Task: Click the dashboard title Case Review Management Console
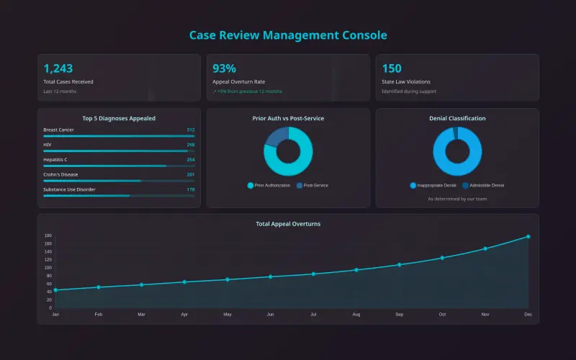(288, 35)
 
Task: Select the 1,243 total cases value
(58, 68)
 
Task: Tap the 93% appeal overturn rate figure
(225, 68)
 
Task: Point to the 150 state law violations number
(392, 68)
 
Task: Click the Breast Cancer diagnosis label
(58, 130)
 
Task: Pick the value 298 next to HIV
(190, 145)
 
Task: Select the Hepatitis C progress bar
(119, 166)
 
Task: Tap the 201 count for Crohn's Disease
(190, 174)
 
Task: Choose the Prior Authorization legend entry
(269, 186)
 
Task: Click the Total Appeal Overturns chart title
(288, 224)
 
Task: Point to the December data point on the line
(528, 236)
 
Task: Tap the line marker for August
(356, 270)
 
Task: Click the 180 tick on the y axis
(48, 236)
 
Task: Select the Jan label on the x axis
(55, 315)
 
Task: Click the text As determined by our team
(457, 199)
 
